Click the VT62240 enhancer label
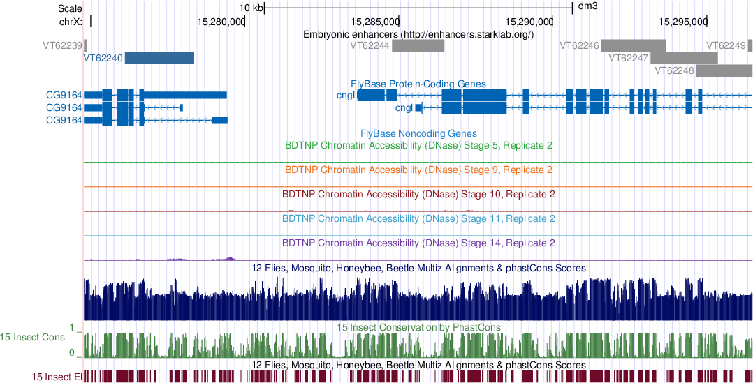click(x=103, y=58)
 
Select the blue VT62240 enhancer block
click(x=159, y=58)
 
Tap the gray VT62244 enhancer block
click(x=418, y=46)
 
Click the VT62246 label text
click(x=579, y=46)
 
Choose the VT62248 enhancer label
click(x=673, y=70)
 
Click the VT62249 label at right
click(x=726, y=46)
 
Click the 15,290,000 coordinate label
click(x=529, y=22)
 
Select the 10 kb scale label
click(x=251, y=8)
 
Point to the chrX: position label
click(x=71, y=22)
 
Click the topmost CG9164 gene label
click(x=64, y=95)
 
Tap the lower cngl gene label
click(x=404, y=107)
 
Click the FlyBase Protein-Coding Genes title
click(x=418, y=84)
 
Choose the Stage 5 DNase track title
click(x=418, y=145)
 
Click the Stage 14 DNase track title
click(x=418, y=243)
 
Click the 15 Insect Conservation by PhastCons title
click(x=418, y=326)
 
